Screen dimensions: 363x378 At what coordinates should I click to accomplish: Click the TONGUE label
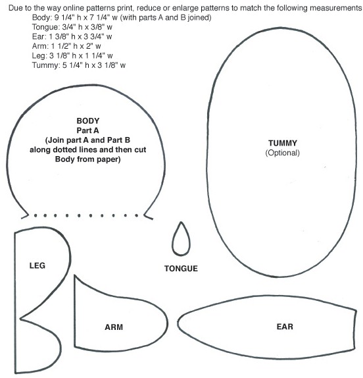click(181, 268)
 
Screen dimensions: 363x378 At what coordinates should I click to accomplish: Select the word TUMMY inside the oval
click(283, 143)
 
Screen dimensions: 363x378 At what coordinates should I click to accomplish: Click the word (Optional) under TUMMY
click(283, 153)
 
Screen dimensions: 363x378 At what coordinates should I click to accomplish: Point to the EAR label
click(285, 327)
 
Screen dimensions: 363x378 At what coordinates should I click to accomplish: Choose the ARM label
click(114, 327)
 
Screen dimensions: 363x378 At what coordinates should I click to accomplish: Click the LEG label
click(37, 265)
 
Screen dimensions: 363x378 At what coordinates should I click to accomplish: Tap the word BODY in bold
click(88, 121)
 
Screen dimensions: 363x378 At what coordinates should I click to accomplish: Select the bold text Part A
click(87, 130)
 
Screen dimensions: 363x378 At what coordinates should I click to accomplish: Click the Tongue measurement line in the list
click(72, 27)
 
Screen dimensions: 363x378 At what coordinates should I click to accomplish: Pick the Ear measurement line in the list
click(72, 36)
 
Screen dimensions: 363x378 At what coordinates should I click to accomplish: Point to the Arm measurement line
click(66, 46)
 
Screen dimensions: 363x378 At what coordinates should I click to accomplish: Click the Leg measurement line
click(72, 56)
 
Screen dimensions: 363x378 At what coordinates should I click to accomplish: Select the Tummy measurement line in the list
click(79, 65)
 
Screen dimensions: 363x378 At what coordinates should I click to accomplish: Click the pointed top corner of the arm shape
click(75, 275)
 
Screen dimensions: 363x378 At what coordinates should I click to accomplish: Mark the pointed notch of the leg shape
click(20, 319)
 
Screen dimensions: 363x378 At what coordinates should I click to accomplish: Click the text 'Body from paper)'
click(88, 159)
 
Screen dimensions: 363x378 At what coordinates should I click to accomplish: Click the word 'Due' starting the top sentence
click(15, 8)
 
